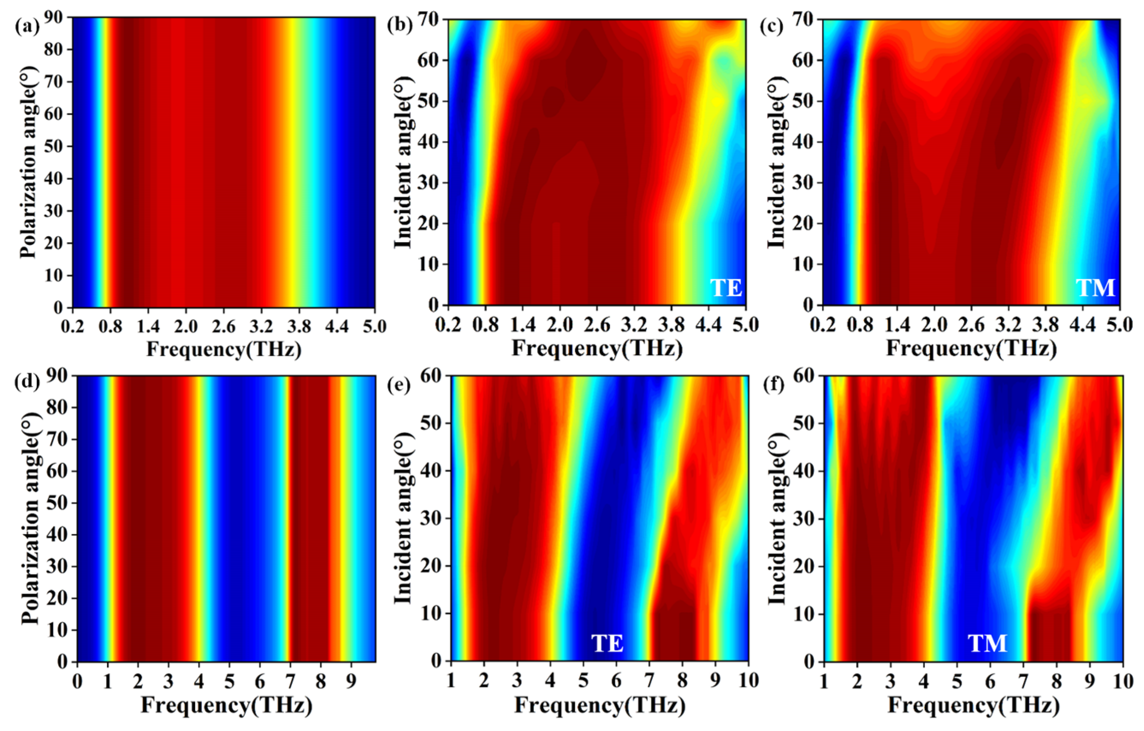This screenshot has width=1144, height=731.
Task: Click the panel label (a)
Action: tap(25, 26)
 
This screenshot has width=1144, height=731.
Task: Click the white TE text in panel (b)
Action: tap(725, 288)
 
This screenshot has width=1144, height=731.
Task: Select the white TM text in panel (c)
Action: tap(1095, 288)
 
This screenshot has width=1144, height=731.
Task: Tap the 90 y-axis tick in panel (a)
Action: tap(56, 18)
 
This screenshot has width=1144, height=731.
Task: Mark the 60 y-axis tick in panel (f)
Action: tap(805, 376)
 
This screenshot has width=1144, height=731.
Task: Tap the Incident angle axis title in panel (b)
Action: tap(403, 162)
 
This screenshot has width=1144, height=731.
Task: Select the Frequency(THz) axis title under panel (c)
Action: tap(971, 349)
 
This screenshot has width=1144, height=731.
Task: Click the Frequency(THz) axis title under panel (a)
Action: tap(223, 350)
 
